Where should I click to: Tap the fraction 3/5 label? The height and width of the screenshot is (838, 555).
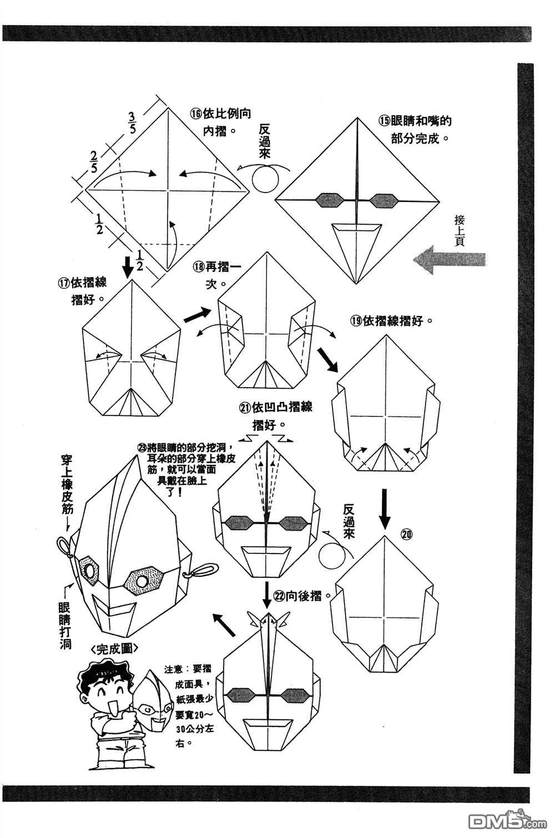point(132,123)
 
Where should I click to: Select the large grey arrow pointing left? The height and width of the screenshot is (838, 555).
point(449,260)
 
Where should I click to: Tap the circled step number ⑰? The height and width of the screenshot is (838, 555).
point(64,282)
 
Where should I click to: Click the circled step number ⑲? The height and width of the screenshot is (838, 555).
point(356,321)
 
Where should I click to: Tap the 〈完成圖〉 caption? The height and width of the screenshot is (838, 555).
point(109,648)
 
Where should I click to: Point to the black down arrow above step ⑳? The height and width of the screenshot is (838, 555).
point(385,506)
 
